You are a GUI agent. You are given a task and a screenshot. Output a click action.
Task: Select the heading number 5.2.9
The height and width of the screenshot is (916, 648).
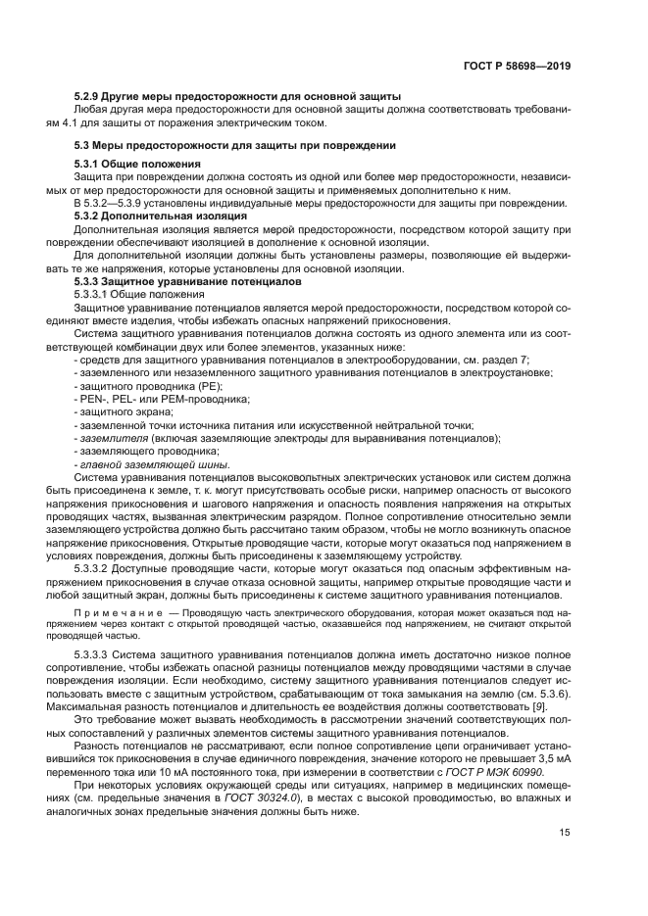point(89,96)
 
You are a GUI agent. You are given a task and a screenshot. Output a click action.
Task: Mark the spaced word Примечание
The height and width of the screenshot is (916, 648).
point(117,609)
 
